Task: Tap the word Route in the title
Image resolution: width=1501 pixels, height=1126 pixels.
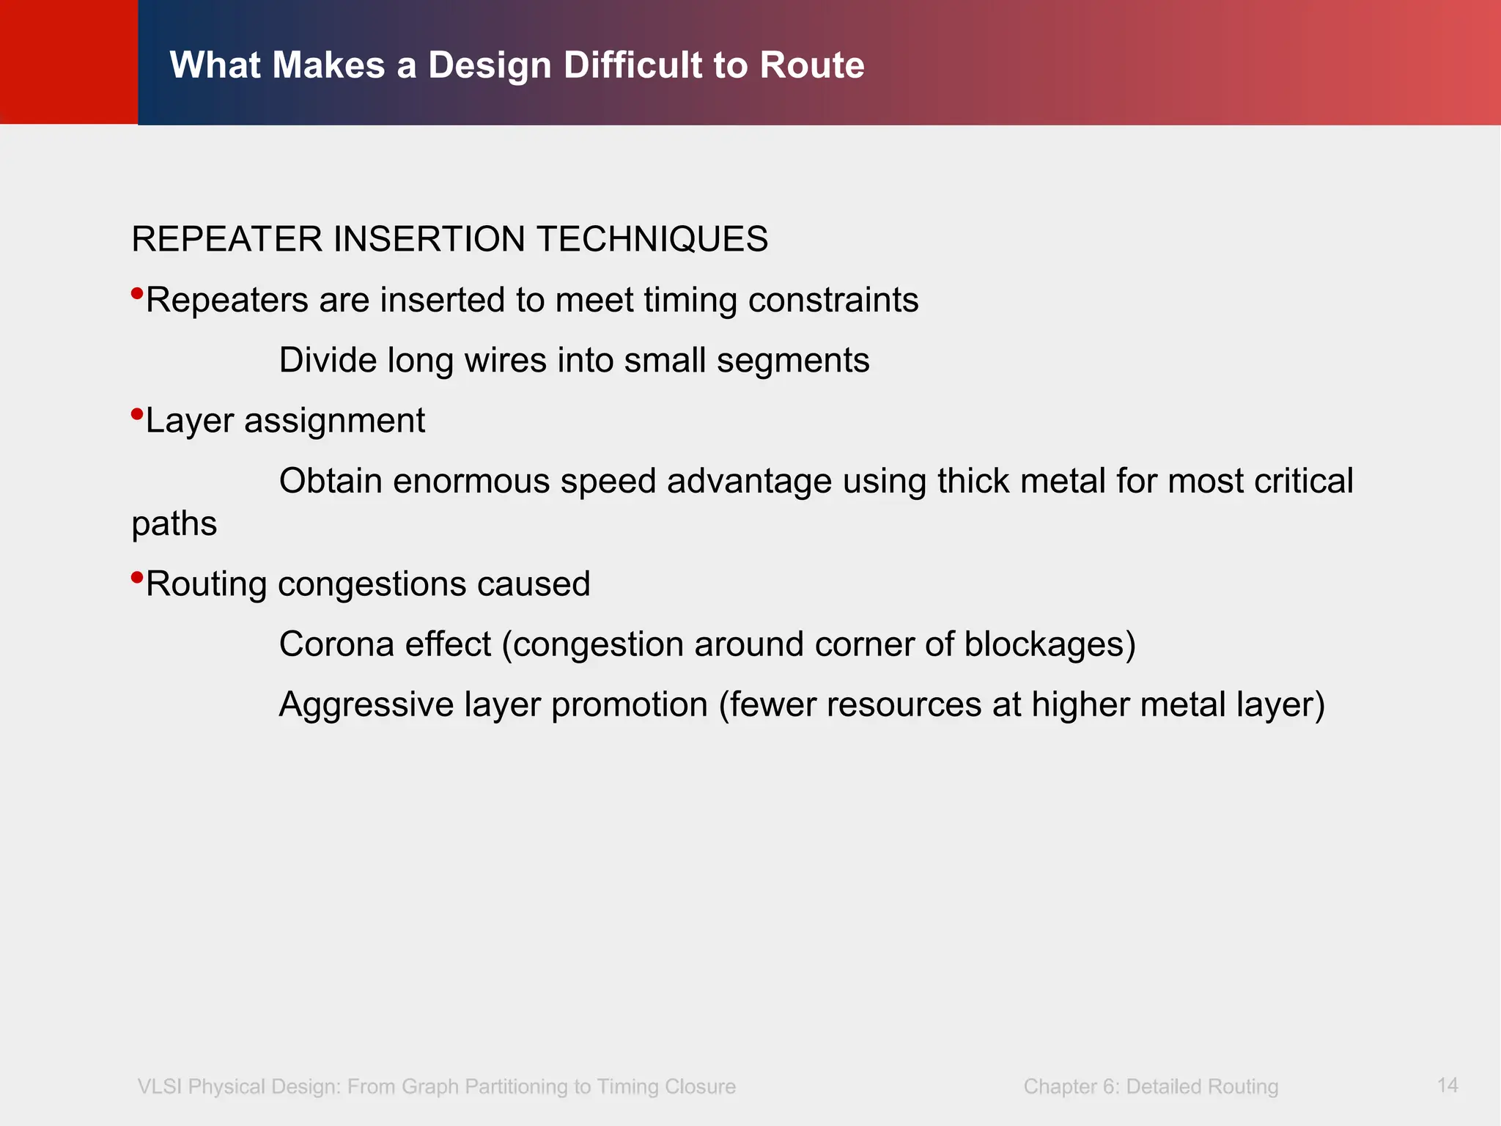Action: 812,65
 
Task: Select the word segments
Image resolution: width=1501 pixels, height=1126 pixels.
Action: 793,361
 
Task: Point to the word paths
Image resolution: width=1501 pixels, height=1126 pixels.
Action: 174,524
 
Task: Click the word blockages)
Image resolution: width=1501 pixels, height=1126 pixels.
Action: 1050,644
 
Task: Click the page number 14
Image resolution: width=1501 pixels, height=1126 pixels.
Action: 1447,1085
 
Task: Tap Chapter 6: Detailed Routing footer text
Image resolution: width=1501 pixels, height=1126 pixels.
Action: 1151,1086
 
